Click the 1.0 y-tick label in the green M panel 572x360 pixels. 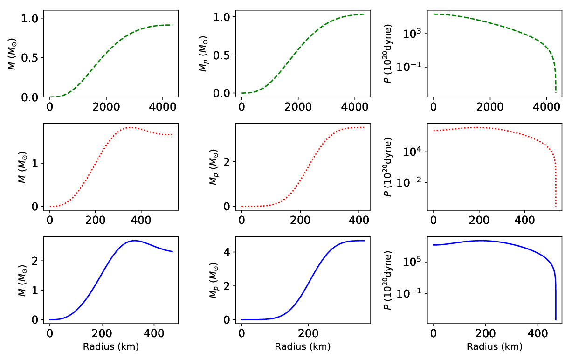click(x=29, y=18)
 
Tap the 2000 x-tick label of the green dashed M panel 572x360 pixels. click(x=106, y=106)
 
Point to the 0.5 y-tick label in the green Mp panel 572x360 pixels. click(x=221, y=55)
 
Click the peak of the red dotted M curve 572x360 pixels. click(x=131, y=127)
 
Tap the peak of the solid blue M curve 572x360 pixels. click(x=135, y=241)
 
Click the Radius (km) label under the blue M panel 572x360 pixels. click(x=111, y=347)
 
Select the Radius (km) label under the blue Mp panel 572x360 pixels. click(x=303, y=347)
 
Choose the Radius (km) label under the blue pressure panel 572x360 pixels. click(x=495, y=347)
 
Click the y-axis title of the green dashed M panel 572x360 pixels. click(x=12, y=54)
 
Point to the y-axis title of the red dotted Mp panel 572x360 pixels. click(x=214, y=167)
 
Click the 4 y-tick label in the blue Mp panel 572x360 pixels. click(x=226, y=252)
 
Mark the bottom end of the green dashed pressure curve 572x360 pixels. click(x=556, y=93)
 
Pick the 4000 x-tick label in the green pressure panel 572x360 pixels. click(x=547, y=106)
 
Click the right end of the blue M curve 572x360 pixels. click(x=172, y=252)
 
